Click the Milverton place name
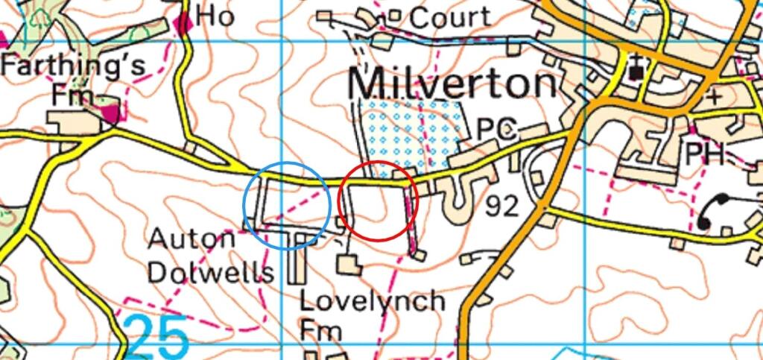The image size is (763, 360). [x=452, y=85]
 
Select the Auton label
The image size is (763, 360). [x=191, y=240]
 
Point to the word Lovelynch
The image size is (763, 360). [x=372, y=301]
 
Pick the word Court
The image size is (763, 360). [x=451, y=17]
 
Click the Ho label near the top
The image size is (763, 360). [x=215, y=16]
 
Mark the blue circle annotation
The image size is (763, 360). [x=286, y=204]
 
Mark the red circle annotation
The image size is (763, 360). [x=378, y=200]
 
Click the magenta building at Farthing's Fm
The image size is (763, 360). [x=112, y=114]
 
